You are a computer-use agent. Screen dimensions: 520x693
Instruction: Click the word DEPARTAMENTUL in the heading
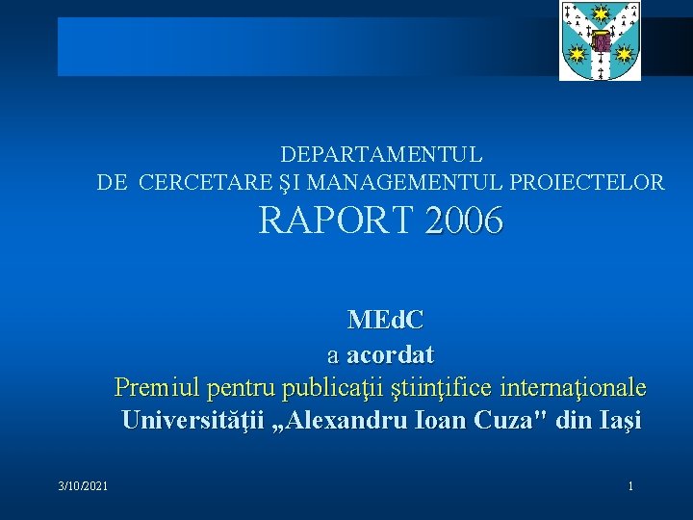(x=381, y=154)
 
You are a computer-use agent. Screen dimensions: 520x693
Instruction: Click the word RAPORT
(x=337, y=222)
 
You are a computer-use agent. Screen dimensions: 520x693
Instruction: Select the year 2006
(x=464, y=222)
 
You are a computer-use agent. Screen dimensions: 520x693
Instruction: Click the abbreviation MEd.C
(x=384, y=320)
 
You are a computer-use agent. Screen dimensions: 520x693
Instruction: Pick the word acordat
(x=390, y=354)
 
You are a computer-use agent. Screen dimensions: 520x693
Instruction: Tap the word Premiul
(x=146, y=388)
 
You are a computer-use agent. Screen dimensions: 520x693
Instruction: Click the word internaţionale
(x=580, y=388)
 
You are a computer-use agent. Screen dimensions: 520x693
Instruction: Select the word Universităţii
(x=192, y=421)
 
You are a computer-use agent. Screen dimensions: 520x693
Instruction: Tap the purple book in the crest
(x=601, y=41)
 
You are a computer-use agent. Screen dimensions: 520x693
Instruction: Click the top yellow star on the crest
(x=601, y=13)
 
